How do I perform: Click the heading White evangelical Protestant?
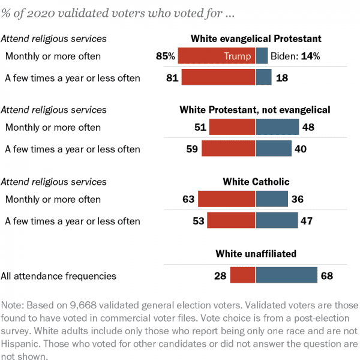coord(256,38)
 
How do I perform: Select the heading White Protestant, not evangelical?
coord(255,110)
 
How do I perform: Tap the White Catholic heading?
coord(256,182)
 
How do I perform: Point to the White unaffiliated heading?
coord(256,254)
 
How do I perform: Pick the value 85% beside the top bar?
coord(164,56)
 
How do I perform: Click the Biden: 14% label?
coord(295,56)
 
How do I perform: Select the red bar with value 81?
coord(218,77)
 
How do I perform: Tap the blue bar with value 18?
coord(263,77)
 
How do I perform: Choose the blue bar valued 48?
coord(277,127)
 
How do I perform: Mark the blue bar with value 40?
coord(274,149)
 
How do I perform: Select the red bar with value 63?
coord(227,199)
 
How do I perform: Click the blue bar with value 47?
coord(277,221)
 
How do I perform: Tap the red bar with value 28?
coord(242,275)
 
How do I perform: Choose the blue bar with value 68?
coord(286,275)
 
